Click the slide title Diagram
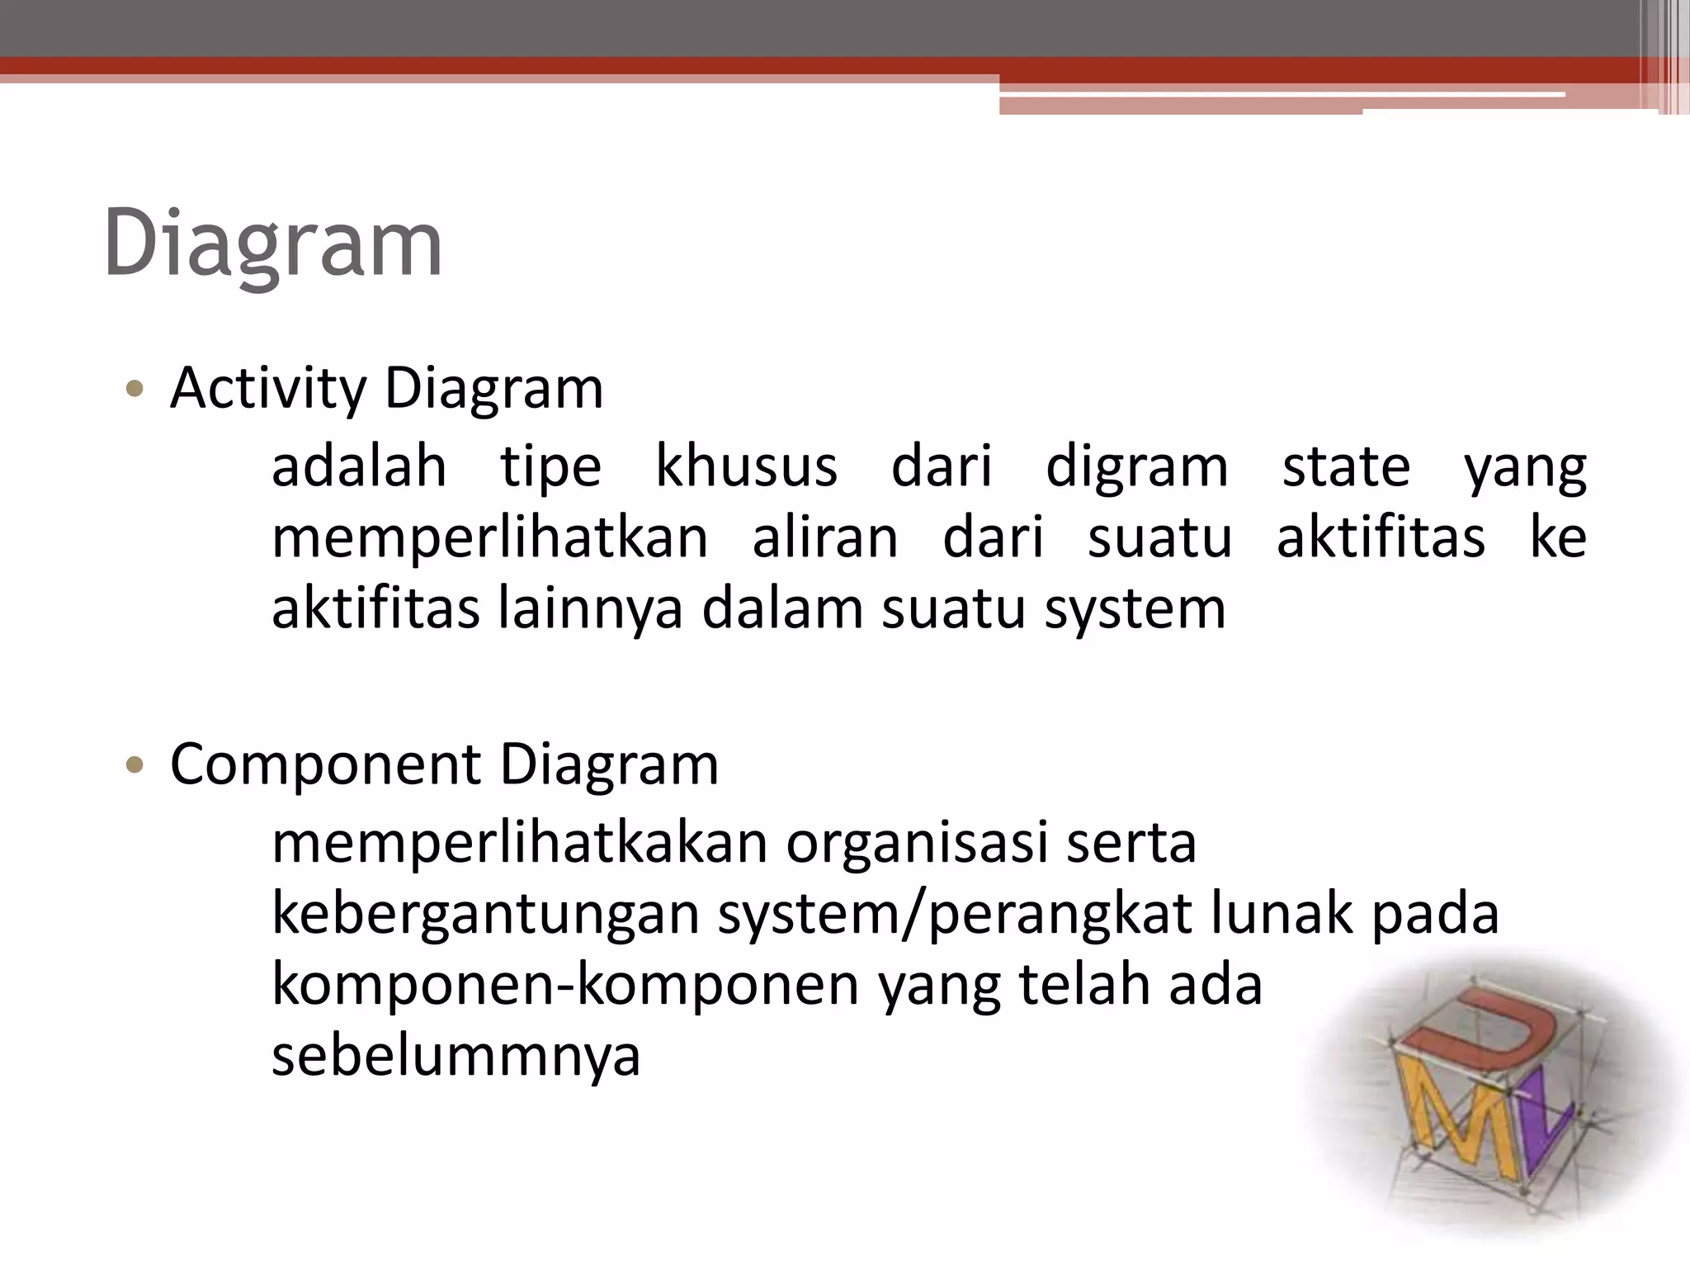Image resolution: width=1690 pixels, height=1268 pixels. tap(273, 244)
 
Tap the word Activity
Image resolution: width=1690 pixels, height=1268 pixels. tap(268, 389)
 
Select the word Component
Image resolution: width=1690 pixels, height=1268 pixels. tap(325, 764)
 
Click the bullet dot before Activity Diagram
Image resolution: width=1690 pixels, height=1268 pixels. tap(135, 389)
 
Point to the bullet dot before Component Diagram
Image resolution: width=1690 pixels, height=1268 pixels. tap(135, 765)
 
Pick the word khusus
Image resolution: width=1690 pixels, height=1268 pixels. tap(746, 466)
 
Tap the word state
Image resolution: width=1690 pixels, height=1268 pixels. tap(1346, 466)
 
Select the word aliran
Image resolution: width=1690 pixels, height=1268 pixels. tap(825, 537)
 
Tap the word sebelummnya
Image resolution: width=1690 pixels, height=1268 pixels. tap(456, 1056)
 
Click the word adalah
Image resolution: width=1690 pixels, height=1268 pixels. tap(359, 466)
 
